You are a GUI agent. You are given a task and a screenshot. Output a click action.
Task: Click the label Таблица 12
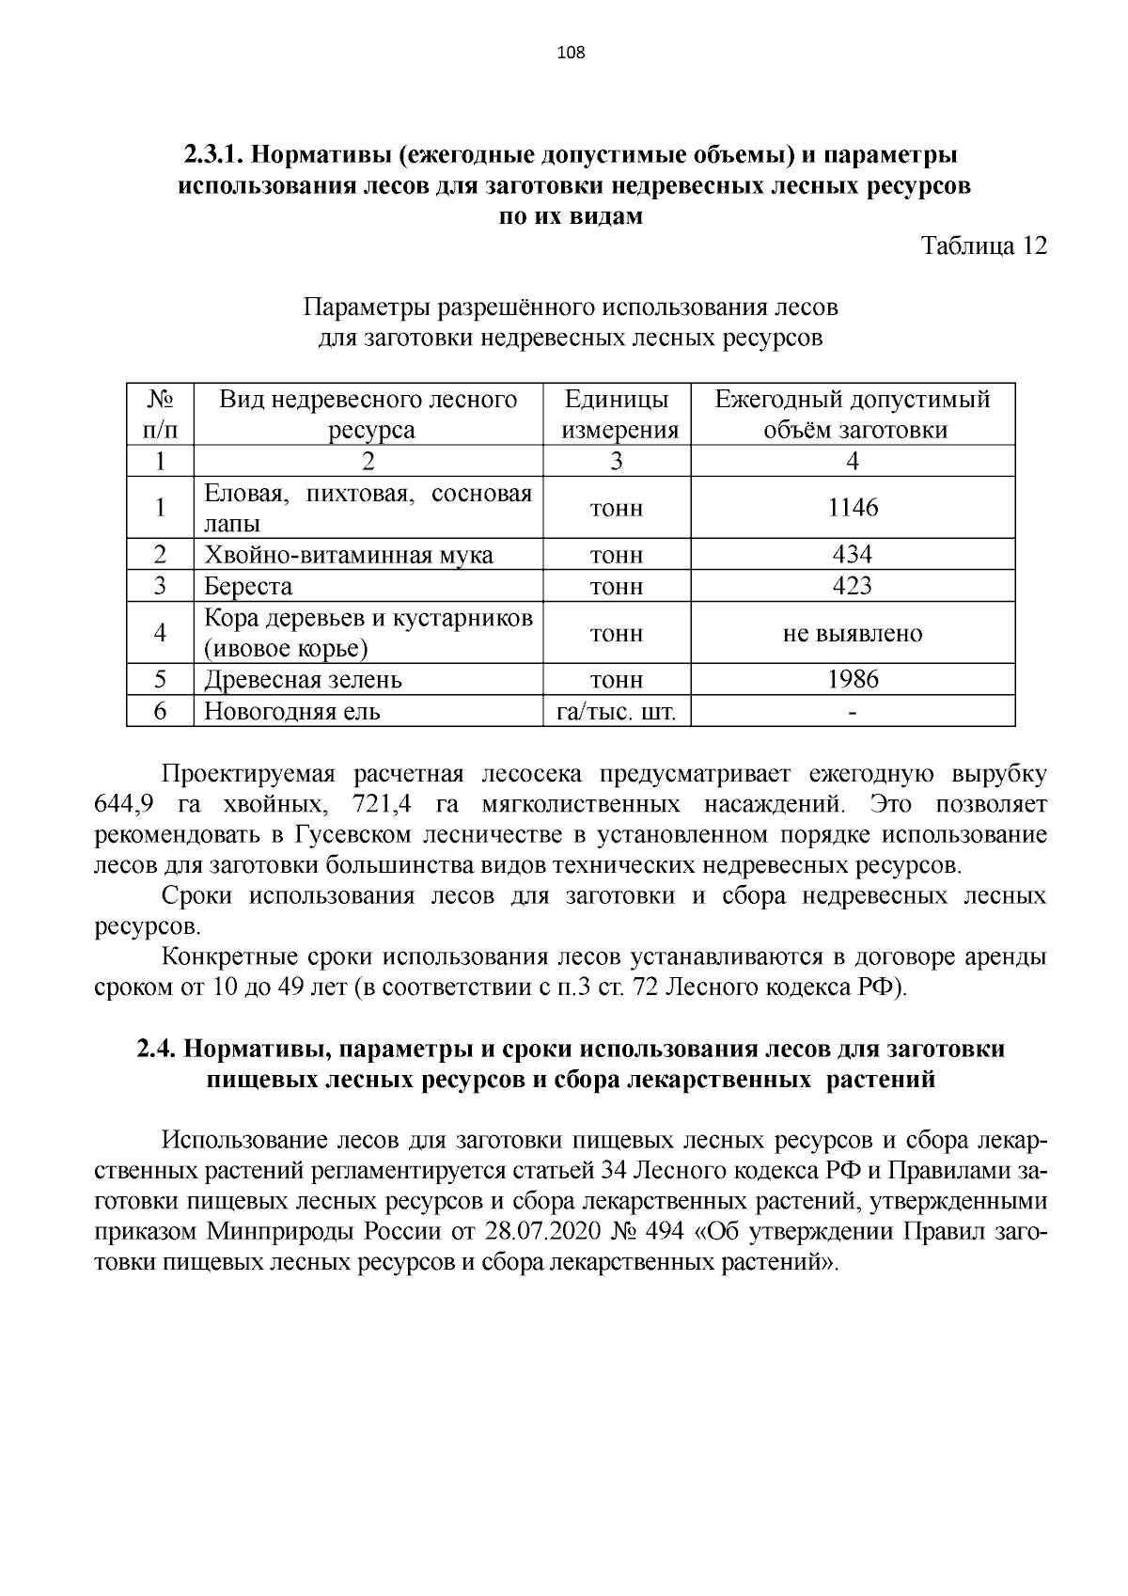point(983,246)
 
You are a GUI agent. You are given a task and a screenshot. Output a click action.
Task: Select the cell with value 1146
point(853,508)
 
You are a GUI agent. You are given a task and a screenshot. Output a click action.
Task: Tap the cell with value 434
point(853,554)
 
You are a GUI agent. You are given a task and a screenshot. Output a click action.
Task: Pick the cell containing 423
point(853,586)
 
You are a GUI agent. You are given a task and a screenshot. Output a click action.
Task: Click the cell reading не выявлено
point(853,633)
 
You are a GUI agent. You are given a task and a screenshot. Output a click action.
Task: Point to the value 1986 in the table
point(853,679)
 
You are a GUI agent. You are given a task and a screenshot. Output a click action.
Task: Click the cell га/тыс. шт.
point(617,711)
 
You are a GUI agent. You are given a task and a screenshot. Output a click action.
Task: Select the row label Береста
point(249,586)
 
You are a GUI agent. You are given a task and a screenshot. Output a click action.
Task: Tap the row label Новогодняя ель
point(292,711)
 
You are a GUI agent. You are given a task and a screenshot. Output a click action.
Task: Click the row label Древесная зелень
point(304,679)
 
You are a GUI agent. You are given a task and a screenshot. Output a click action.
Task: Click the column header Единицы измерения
point(618,415)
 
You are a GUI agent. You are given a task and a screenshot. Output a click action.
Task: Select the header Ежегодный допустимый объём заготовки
point(853,415)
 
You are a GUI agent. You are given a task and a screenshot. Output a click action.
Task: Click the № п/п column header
point(160,415)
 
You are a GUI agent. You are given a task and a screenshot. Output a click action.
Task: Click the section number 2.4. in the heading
point(157,1049)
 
